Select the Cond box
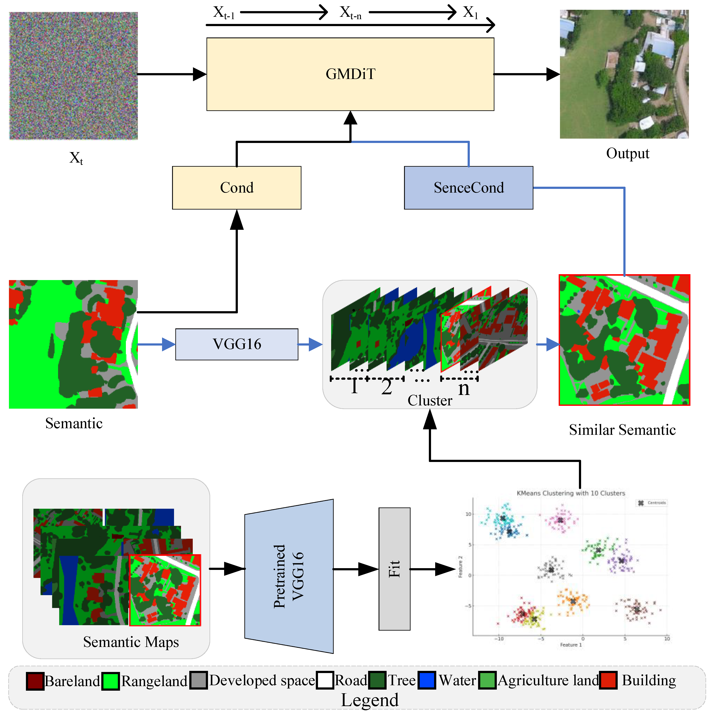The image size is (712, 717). [x=237, y=188]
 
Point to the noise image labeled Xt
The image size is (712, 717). [x=73, y=76]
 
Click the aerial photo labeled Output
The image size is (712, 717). [x=624, y=74]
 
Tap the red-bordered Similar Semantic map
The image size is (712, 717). [x=624, y=340]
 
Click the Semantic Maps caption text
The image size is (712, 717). [x=131, y=642]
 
